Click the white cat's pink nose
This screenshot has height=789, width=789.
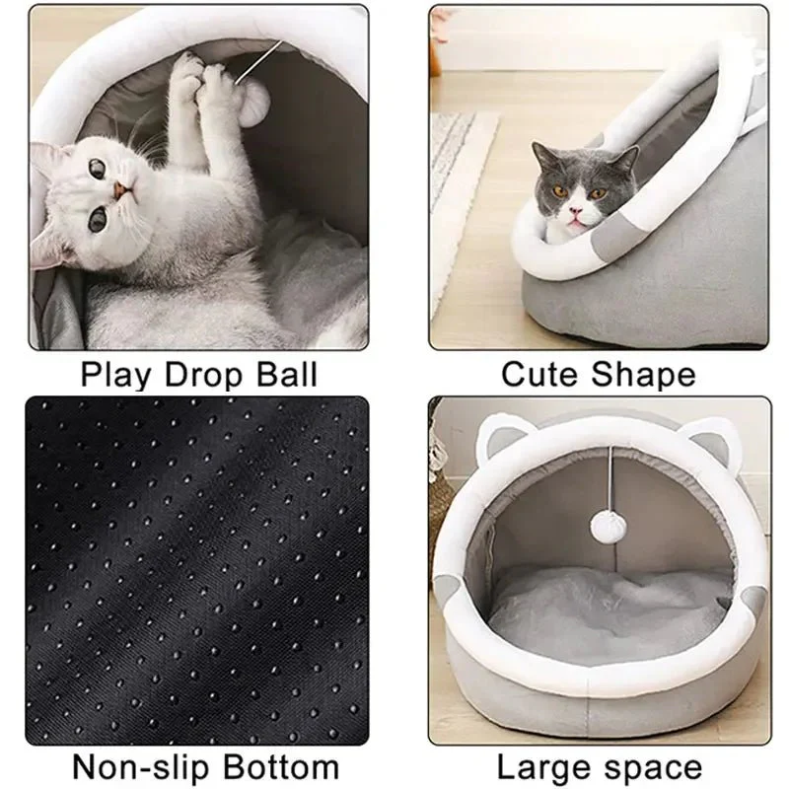click(x=119, y=190)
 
